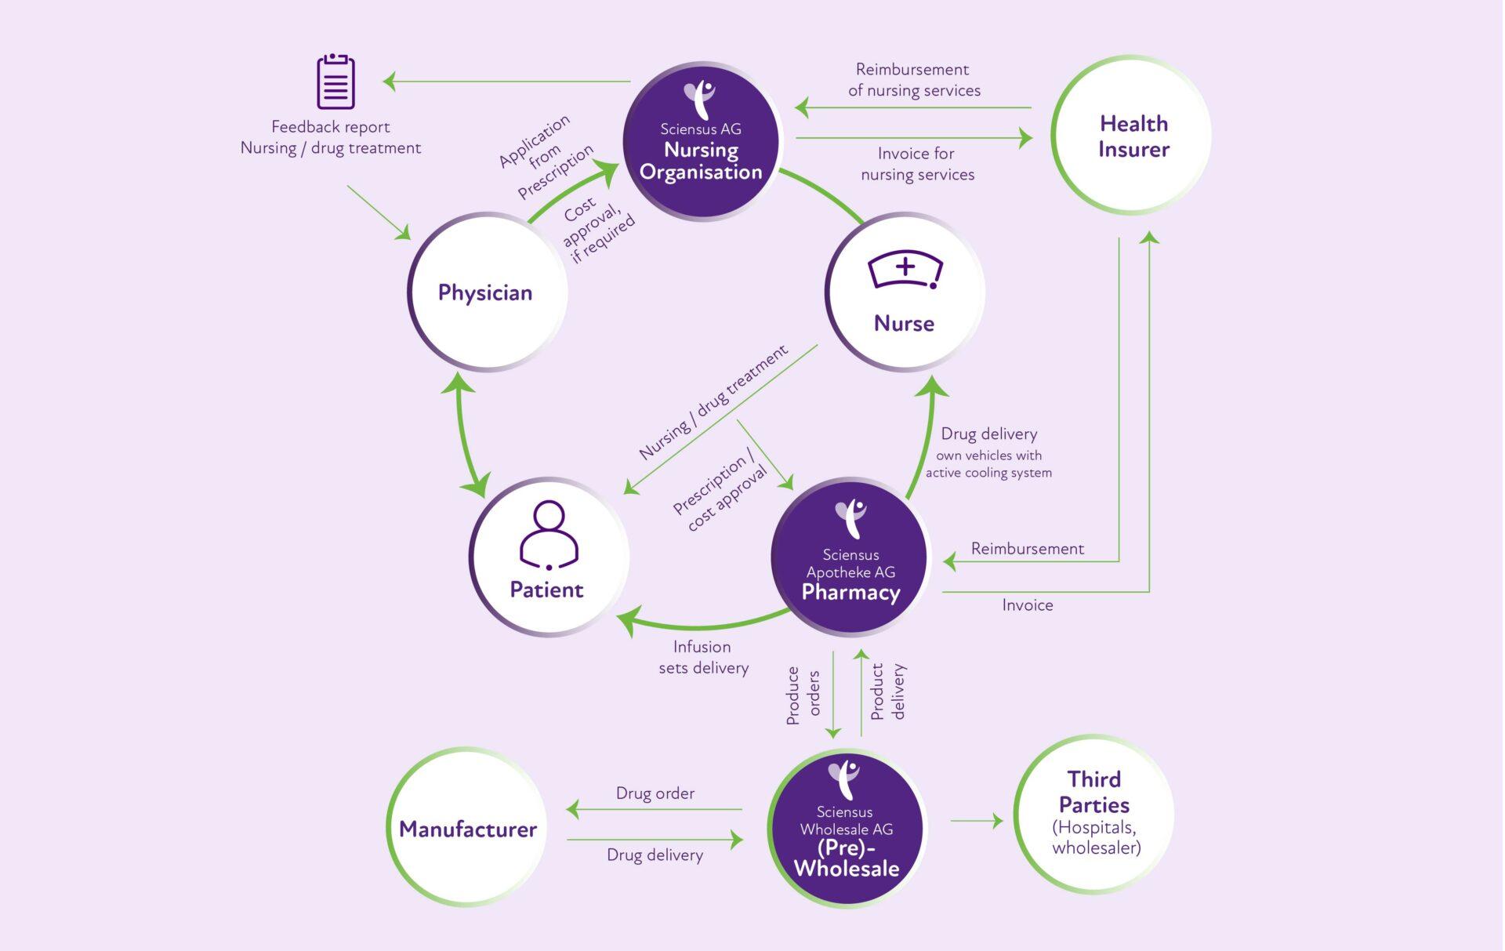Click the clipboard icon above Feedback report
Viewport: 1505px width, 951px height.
(x=335, y=82)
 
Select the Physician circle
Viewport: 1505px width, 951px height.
(x=486, y=292)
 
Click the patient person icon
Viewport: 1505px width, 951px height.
(x=549, y=535)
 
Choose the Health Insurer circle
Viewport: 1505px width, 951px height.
(x=1132, y=136)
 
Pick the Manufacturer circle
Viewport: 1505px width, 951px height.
(x=467, y=828)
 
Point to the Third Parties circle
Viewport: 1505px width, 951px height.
(x=1094, y=814)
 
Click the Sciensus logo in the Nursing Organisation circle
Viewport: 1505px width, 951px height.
(x=699, y=99)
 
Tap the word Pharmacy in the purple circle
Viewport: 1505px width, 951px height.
(x=850, y=592)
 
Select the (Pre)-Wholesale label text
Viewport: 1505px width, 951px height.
(x=847, y=858)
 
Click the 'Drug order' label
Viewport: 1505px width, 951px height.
(x=655, y=793)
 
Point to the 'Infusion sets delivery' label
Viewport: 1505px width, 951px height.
(x=703, y=657)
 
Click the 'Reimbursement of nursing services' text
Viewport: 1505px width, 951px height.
(x=914, y=80)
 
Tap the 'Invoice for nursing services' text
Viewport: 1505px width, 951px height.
(x=917, y=164)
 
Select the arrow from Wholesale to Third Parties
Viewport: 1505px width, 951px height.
(x=977, y=821)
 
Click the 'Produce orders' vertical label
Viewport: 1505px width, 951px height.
(x=803, y=695)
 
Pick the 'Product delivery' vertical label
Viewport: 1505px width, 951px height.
(x=887, y=691)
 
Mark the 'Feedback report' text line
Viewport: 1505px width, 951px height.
(x=330, y=127)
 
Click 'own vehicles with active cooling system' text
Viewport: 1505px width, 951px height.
(x=988, y=464)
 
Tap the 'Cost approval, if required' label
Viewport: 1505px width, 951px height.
(x=598, y=228)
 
